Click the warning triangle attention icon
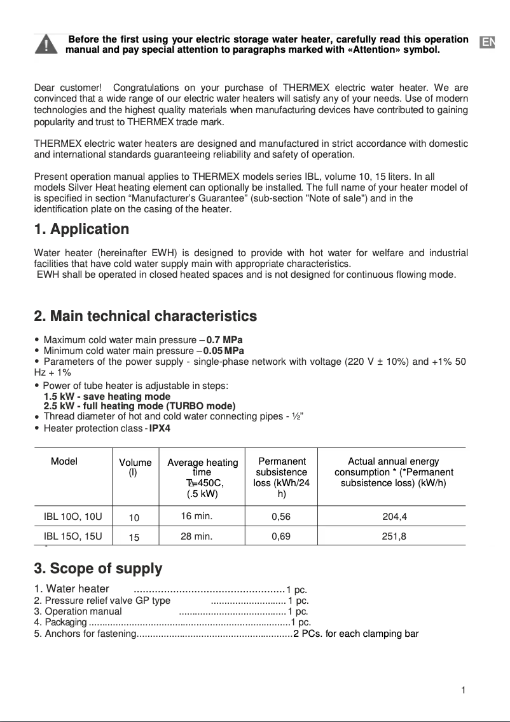coord(48,45)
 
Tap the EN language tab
coord(487,43)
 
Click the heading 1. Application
coord(81,229)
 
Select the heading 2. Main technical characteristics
coord(145,316)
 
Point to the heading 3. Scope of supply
coord(98,568)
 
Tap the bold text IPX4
coord(160,428)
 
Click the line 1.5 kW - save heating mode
coord(107,397)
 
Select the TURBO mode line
coord(139,406)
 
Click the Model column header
coord(64,461)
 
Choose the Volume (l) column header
coord(135,467)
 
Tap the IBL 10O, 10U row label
coord(72,516)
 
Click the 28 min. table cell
coord(196,536)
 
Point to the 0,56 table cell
coord(280,517)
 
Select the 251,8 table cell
coord(394,536)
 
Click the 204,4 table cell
coord(394,517)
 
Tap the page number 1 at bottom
coord(464,690)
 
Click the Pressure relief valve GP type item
coord(102,601)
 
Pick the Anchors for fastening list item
coord(85,634)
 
